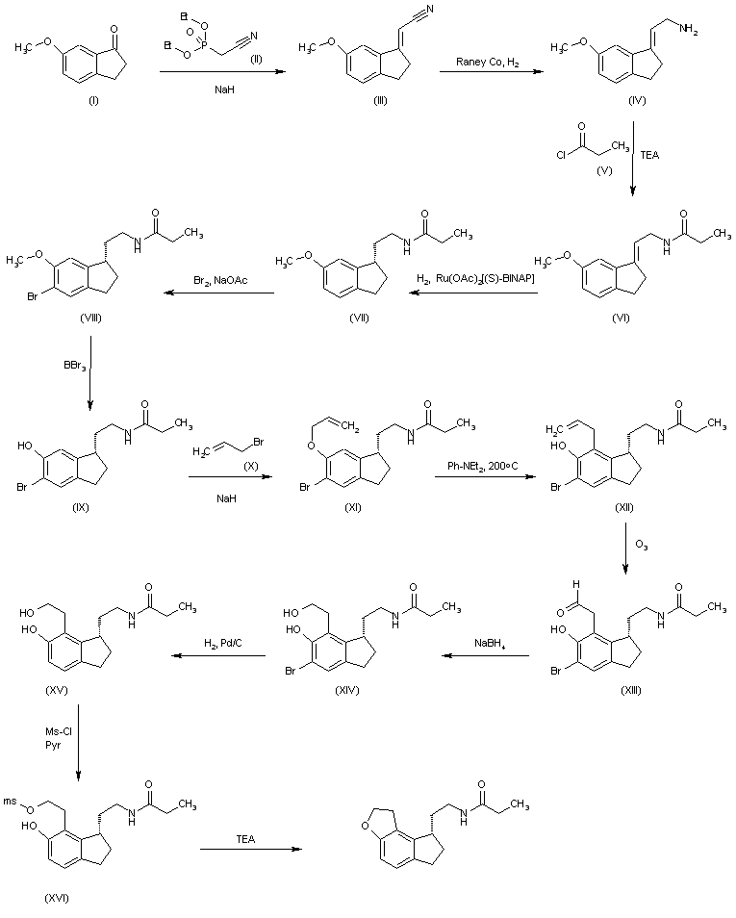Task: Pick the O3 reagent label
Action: (641, 546)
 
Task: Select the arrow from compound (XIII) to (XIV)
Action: (487, 656)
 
